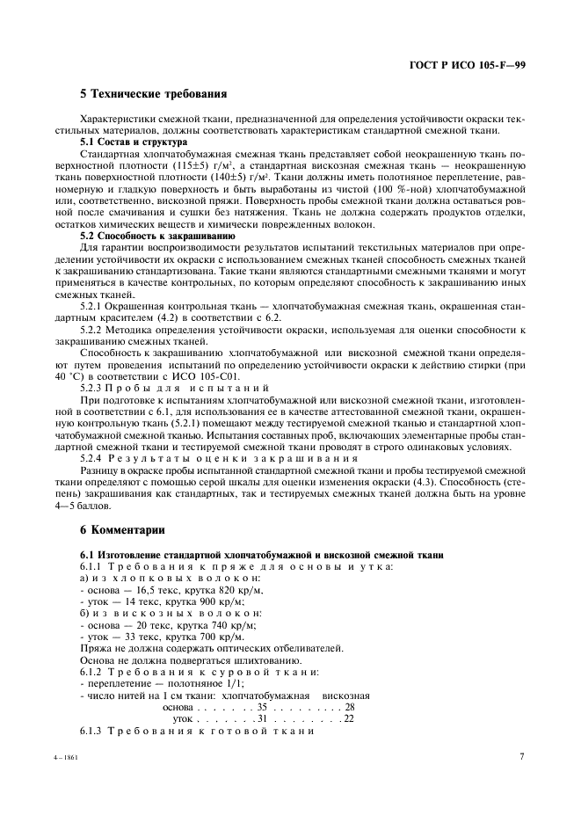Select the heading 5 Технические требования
click(x=154, y=93)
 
